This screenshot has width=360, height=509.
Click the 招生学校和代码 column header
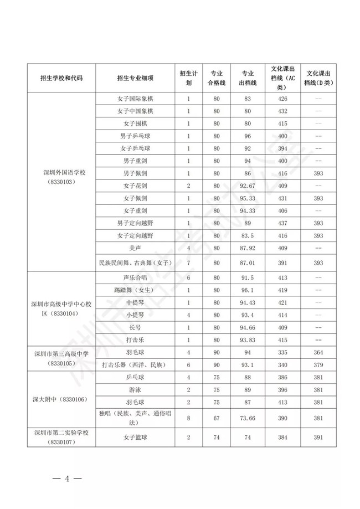coord(61,78)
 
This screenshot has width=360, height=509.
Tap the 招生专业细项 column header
coord(135,78)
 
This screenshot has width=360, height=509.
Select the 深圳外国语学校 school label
coord(61,173)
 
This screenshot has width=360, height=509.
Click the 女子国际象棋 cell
coord(135,100)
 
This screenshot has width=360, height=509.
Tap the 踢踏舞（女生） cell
coord(135,290)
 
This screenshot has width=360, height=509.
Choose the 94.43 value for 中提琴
coord(248,302)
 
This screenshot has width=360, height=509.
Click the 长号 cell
coord(135,327)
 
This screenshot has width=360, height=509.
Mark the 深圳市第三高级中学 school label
coord(61,353)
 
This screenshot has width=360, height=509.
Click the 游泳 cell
coord(135,389)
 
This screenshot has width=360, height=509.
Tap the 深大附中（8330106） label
coord(61,399)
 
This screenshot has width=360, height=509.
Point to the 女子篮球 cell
coord(135,438)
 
